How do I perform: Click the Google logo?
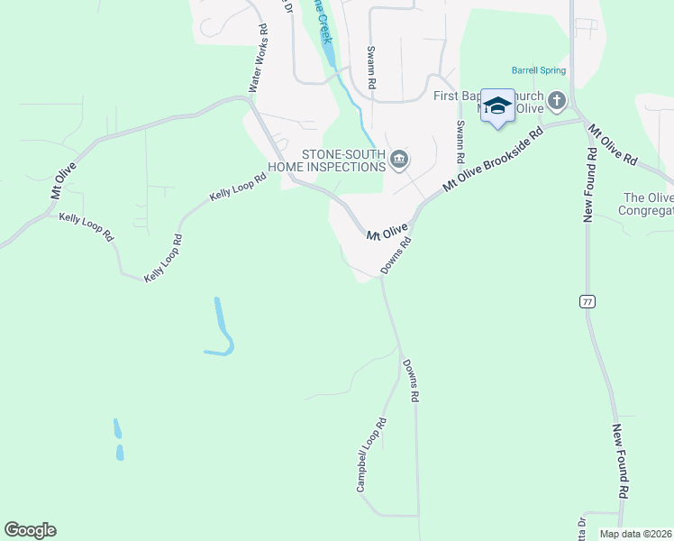[30, 530]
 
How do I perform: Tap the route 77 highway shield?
[587, 300]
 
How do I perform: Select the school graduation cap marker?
[496, 107]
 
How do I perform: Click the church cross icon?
[557, 100]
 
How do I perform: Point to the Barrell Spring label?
[539, 69]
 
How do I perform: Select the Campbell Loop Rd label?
[371, 454]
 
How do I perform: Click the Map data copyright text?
[636, 534]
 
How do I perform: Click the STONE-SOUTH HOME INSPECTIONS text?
[331, 160]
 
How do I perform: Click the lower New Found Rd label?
[620, 462]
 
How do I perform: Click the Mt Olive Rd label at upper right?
[613, 145]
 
